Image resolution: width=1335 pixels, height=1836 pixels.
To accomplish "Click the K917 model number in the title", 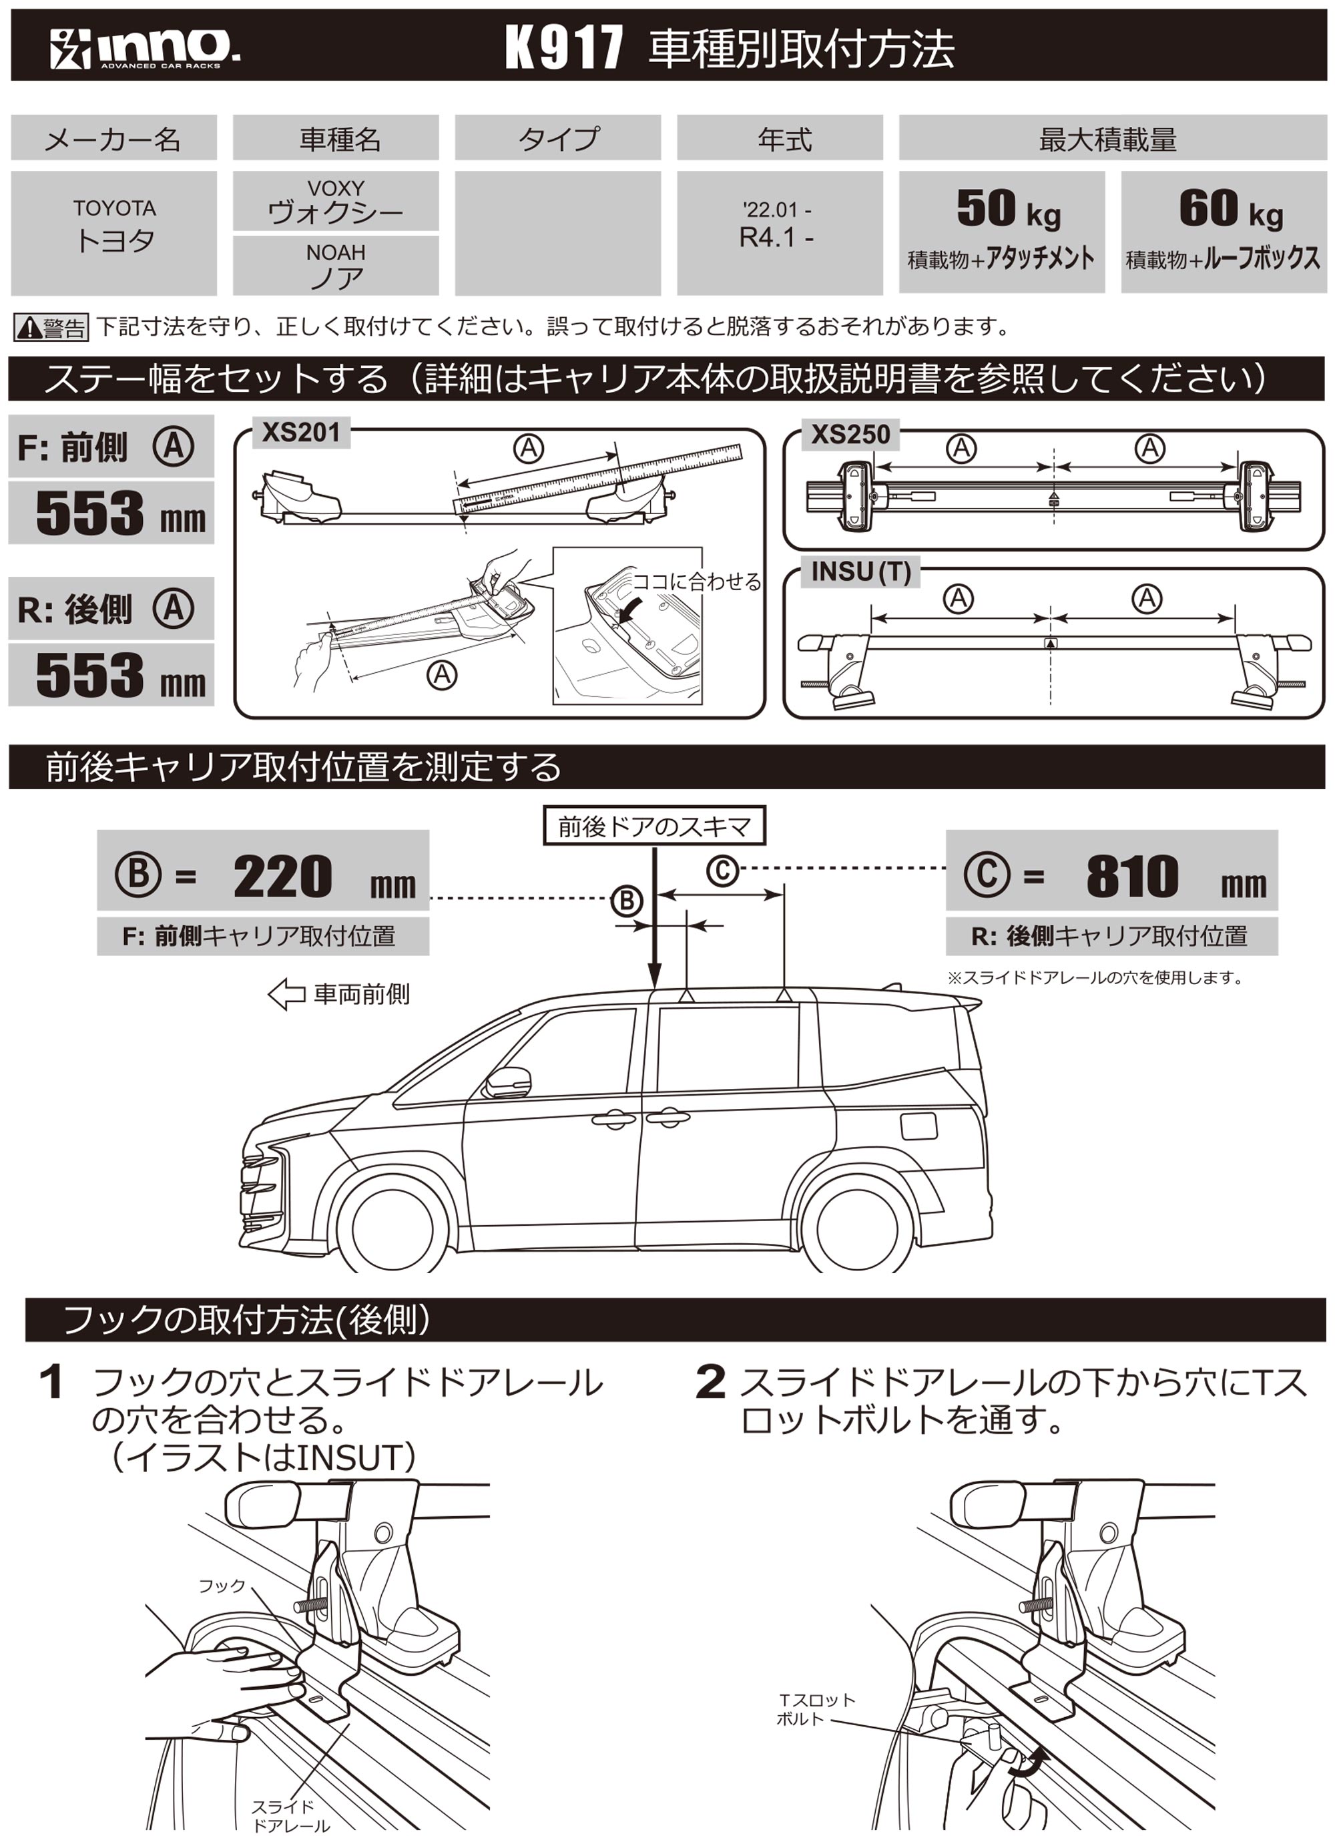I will (564, 47).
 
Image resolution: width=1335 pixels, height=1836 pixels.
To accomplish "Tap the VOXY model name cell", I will (335, 201).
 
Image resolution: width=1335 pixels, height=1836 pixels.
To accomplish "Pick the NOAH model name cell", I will (335, 266).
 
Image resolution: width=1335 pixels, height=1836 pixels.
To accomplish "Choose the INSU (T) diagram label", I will (860, 571).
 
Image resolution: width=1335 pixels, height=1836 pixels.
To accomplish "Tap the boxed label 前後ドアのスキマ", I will (654, 826).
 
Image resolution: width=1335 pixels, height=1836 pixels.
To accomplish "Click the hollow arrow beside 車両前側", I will (286, 994).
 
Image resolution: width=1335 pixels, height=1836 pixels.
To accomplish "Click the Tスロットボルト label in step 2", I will (815, 1709).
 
